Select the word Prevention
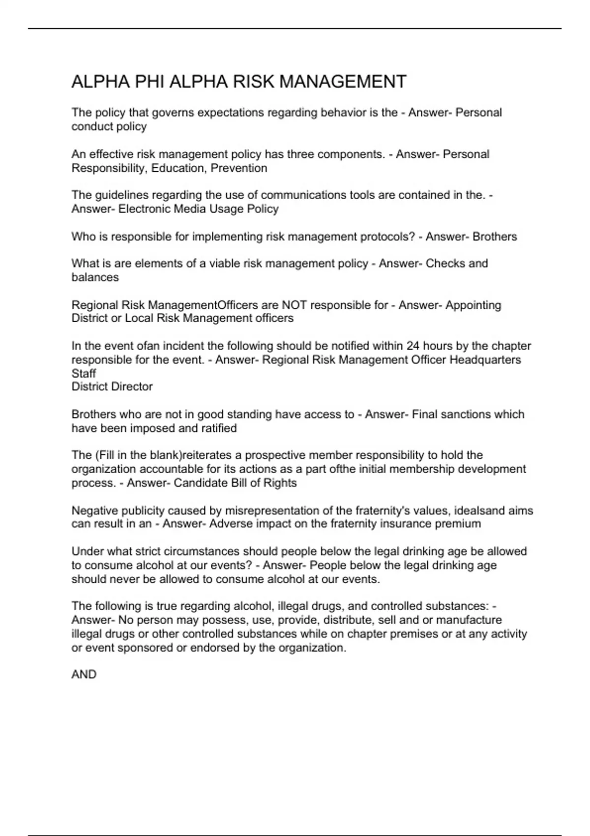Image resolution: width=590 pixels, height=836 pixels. [x=239, y=168]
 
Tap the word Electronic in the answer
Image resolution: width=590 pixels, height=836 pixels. [x=147, y=209]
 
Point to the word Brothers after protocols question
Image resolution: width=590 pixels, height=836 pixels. [x=495, y=237]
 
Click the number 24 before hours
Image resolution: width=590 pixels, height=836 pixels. [x=413, y=346]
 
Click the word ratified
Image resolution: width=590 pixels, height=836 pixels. [x=219, y=428]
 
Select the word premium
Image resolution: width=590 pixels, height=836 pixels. [x=458, y=524]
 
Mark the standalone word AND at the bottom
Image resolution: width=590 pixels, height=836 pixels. [x=84, y=675]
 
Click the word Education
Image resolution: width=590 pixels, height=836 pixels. [x=178, y=168]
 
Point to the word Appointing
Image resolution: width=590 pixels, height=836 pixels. [x=473, y=305]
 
